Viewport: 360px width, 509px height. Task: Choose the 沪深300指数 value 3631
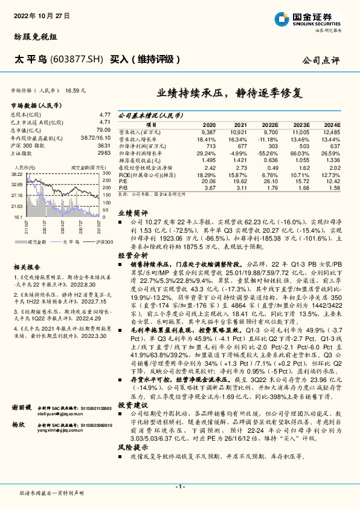point(104,146)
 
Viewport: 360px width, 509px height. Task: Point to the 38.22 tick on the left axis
point(17,173)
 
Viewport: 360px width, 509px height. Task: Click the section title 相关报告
point(27,267)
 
